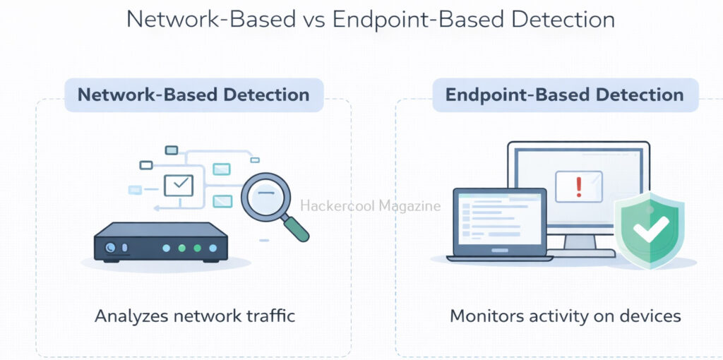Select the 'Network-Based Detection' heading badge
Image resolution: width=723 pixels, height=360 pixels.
tap(193, 95)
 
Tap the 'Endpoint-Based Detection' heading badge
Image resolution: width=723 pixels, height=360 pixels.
tap(564, 95)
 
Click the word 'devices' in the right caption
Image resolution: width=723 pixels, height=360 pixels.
tap(649, 316)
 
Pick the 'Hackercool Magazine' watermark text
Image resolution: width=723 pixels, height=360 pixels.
tap(371, 206)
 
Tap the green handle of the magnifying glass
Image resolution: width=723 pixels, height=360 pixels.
tap(296, 227)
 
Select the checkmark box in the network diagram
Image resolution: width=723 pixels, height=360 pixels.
tap(178, 185)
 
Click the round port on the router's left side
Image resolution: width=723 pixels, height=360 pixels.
tap(110, 248)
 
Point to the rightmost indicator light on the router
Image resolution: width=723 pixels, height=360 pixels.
tap(213, 248)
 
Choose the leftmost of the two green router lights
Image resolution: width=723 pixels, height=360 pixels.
tap(181, 248)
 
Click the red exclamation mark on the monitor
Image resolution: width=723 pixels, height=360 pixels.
tap(579, 186)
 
